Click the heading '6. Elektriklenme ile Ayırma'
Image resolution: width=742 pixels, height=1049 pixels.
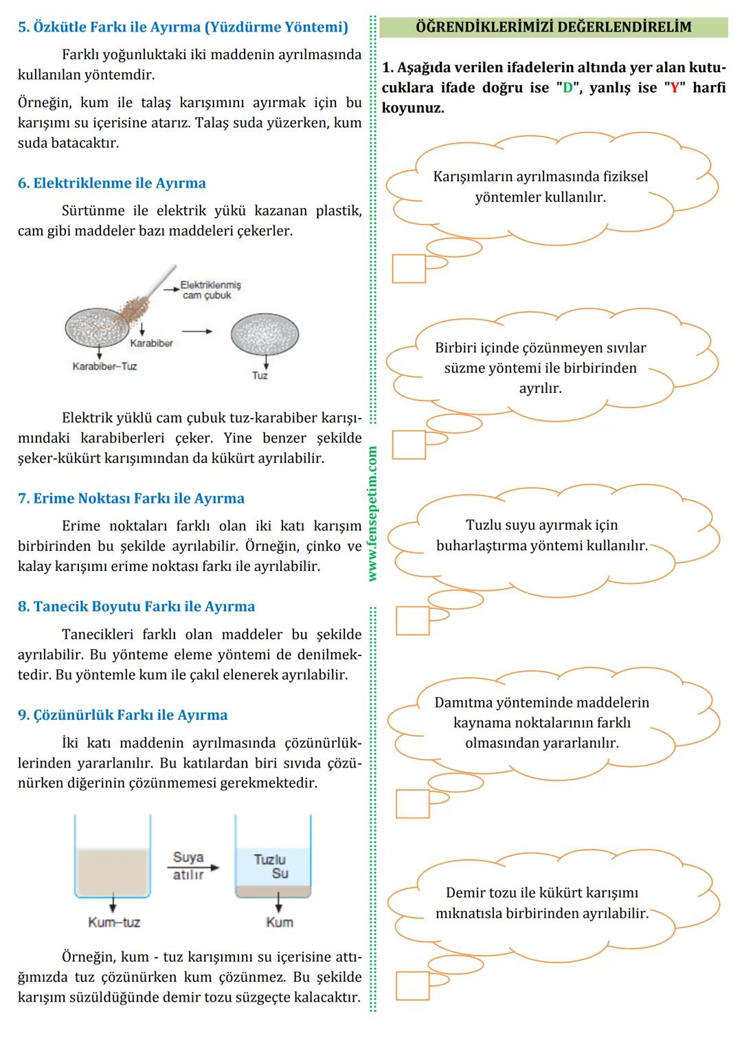click(x=111, y=183)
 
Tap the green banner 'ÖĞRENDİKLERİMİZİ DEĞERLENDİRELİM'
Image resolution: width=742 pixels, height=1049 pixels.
click(x=553, y=27)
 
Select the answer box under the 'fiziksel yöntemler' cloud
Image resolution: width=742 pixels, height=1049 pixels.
click(x=409, y=269)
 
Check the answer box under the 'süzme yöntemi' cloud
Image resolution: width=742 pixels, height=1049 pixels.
click(x=409, y=444)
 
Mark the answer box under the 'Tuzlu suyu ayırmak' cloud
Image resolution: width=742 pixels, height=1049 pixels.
click(x=412, y=620)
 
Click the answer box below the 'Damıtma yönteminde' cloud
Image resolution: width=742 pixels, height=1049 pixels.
click(x=412, y=804)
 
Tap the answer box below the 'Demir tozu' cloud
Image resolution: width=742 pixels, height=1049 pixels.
click(x=412, y=985)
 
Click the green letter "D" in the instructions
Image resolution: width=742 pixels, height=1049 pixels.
click(x=567, y=88)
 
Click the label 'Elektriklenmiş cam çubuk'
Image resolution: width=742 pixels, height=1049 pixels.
click(x=210, y=290)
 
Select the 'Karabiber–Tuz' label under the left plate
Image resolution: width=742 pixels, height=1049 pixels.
click(x=104, y=367)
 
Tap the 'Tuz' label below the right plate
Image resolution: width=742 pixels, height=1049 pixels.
click(x=260, y=376)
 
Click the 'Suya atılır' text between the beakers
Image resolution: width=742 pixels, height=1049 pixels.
click(x=188, y=866)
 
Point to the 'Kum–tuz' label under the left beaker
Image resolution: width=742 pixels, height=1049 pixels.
click(x=113, y=923)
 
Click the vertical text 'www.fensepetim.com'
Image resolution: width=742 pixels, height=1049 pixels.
click(x=372, y=514)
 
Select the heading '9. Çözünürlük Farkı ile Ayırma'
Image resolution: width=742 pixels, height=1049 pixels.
click(x=122, y=715)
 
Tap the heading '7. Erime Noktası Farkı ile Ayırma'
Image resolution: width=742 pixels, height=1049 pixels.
click(x=131, y=499)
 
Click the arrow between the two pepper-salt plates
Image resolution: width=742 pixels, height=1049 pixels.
click(x=197, y=331)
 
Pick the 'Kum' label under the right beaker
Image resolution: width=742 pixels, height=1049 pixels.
click(x=279, y=923)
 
